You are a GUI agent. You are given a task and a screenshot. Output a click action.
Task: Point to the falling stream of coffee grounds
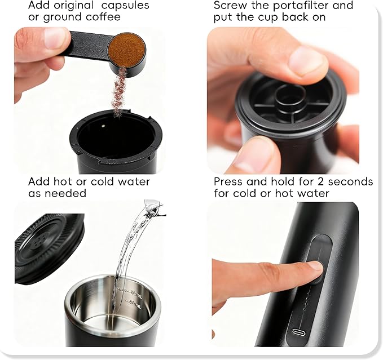click(119, 90)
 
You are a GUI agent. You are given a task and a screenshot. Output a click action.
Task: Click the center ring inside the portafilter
click(290, 96)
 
